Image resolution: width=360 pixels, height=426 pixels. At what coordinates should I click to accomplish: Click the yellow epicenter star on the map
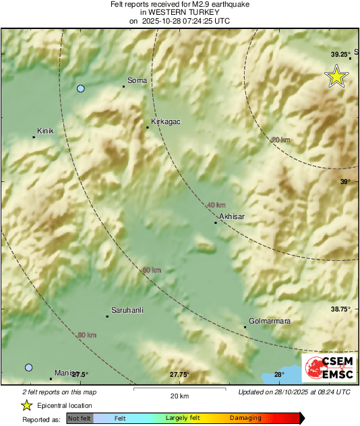[x=336, y=77]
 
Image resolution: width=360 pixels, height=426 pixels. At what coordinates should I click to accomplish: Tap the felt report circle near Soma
[x=81, y=88]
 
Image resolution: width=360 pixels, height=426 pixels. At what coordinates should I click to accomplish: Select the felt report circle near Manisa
[x=28, y=367]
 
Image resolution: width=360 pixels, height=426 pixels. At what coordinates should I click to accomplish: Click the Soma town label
[x=137, y=81]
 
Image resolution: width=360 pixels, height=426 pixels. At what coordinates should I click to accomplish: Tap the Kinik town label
[x=44, y=131]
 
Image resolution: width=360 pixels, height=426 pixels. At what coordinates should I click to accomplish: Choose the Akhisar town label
[x=232, y=216]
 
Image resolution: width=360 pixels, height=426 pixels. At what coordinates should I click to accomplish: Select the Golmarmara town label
[x=270, y=322]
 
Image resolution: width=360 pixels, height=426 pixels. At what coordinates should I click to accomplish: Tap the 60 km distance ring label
[x=152, y=270]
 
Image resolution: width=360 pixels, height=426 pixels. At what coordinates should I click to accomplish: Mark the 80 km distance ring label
[x=86, y=334]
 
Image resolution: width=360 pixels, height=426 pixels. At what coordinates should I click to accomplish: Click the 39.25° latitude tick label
[x=340, y=54]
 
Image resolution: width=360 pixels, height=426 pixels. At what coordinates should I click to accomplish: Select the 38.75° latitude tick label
[x=340, y=309]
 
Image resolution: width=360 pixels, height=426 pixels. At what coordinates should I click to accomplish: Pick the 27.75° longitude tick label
[x=179, y=375]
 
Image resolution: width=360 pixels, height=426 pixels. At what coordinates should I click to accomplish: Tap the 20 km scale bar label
[x=179, y=395]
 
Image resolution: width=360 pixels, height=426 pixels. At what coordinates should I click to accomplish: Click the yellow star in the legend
[x=27, y=405]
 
